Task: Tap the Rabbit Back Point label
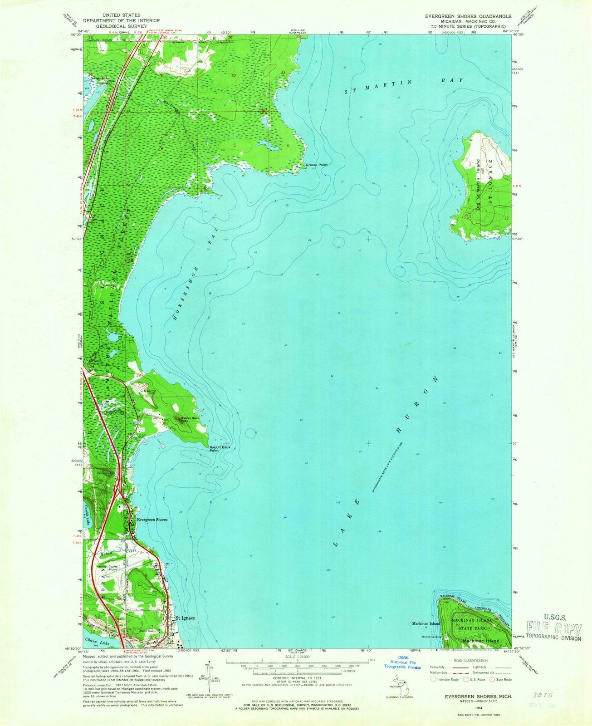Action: coord(220,449)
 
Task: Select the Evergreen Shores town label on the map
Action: coord(152,520)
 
